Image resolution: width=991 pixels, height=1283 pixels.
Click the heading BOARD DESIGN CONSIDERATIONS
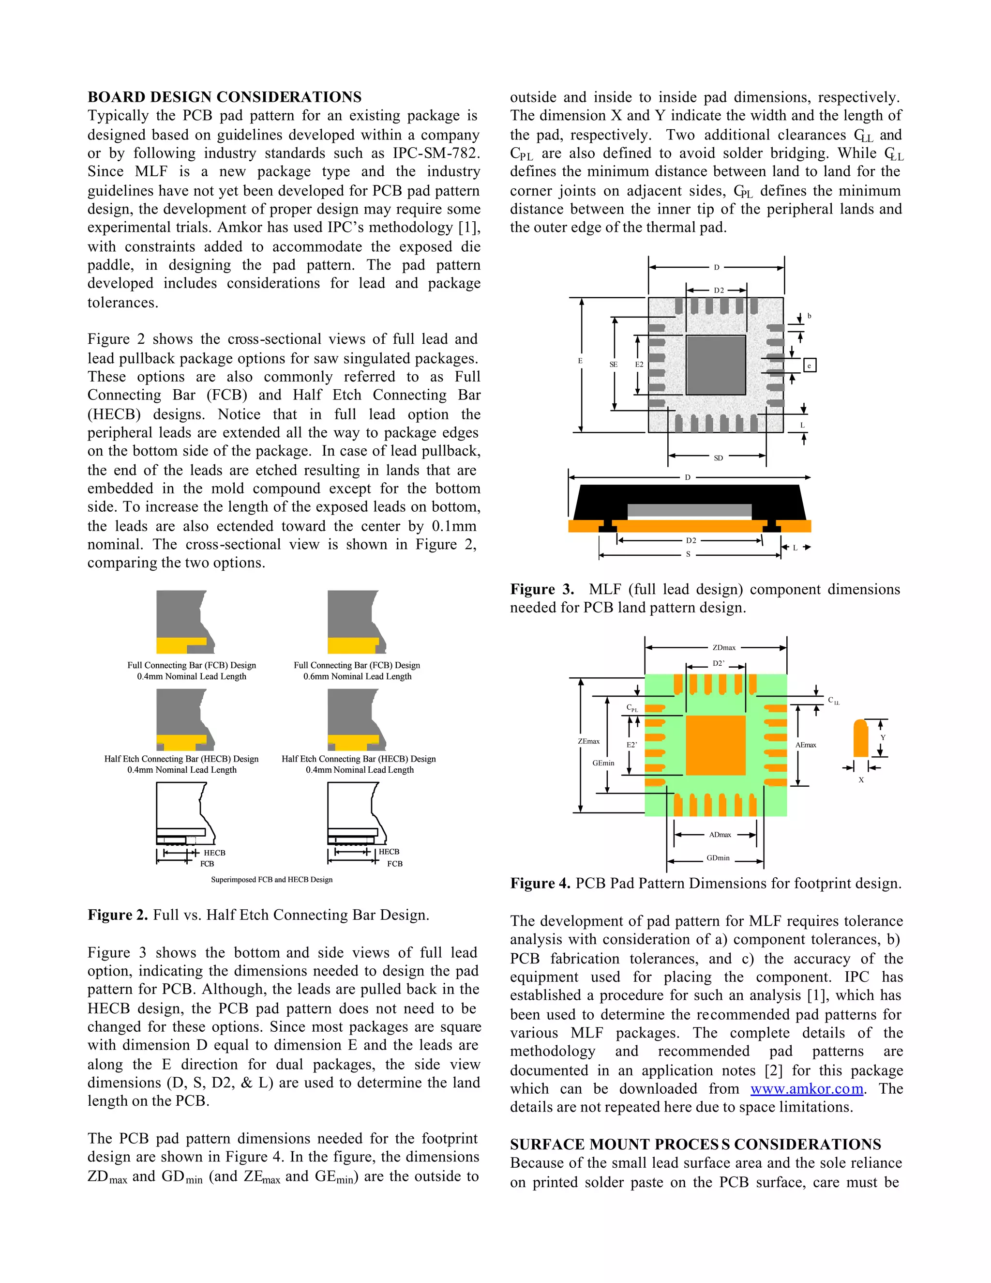[x=224, y=97]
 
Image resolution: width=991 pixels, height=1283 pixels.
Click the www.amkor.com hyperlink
[x=807, y=1088]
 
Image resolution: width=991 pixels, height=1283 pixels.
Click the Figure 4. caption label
[x=540, y=884]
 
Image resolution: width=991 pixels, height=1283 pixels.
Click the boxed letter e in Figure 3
[x=809, y=366]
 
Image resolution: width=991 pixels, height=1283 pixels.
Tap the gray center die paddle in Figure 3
[x=716, y=365]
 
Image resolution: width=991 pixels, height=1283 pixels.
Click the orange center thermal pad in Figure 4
[x=716, y=745]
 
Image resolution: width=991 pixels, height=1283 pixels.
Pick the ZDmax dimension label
[x=724, y=647]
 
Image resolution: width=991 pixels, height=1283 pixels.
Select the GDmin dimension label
[x=718, y=858]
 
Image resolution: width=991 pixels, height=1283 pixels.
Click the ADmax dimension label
[x=720, y=835]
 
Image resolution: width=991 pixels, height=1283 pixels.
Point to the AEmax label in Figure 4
[x=806, y=745]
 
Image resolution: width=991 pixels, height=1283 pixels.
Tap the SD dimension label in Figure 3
[x=718, y=458]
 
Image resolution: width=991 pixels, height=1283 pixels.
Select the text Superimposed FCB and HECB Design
[x=271, y=879]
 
